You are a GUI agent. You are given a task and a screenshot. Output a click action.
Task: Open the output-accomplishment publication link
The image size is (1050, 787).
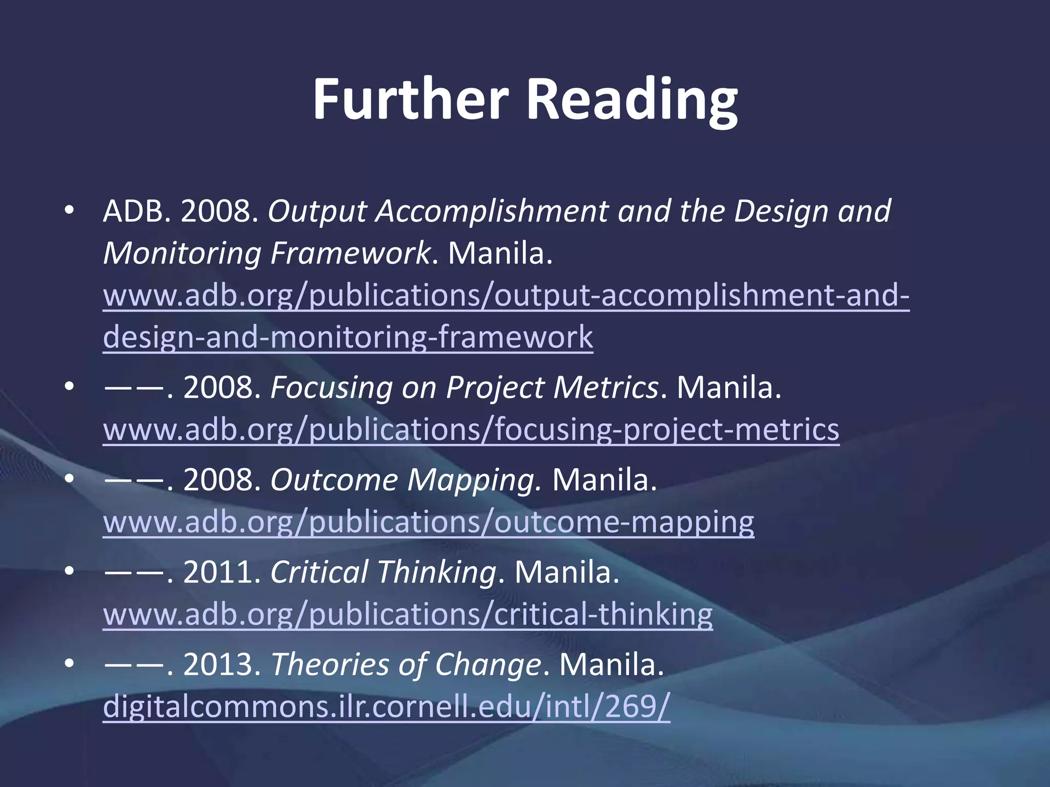506,296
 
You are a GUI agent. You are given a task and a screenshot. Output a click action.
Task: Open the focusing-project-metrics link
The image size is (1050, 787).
471,429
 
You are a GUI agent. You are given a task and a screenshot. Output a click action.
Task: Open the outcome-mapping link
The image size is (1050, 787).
429,522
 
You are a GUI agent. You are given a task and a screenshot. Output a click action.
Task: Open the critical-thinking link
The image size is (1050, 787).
408,614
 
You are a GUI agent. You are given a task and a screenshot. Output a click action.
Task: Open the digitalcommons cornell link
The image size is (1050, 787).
387,707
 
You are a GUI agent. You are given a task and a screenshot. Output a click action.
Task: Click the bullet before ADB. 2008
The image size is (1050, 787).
69,211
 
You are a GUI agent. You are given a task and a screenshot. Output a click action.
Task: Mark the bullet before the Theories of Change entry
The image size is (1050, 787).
69,665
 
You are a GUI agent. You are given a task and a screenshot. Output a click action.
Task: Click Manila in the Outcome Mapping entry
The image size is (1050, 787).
604,480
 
